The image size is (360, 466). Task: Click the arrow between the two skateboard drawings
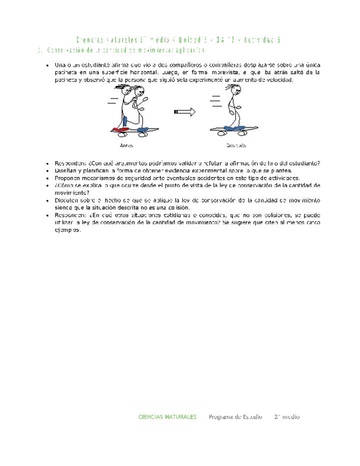click(184, 112)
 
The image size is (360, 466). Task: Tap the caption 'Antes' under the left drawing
click(126, 145)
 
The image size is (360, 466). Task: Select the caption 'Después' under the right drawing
click(236, 145)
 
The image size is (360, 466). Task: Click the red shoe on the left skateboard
click(119, 129)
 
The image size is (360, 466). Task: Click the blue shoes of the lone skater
click(231, 128)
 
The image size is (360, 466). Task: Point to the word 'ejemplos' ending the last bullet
click(67, 229)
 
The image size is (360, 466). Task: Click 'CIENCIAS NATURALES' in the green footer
click(167, 416)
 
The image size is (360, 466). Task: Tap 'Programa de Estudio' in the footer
click(235, 416)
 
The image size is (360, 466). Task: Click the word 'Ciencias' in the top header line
click(89, 39)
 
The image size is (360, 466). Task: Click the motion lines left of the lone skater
click(216, 101)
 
